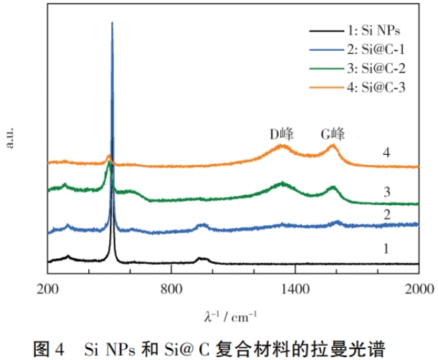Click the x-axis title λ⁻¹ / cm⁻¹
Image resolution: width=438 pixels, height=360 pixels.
(231, 316)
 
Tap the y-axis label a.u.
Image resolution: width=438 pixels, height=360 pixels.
(11, 138)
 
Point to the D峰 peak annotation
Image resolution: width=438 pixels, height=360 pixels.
(282, 133)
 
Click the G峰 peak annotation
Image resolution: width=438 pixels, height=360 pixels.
(333, 133)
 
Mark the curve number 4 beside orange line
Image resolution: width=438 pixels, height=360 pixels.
(386, 153)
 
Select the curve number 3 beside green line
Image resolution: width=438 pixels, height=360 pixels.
(386, 191)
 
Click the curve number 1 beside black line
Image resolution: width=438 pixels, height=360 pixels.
(386, 249)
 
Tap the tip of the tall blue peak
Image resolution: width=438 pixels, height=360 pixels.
(112, 23)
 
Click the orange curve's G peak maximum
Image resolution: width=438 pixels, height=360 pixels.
(333, 146)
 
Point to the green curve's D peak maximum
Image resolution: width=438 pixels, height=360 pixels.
(282, 183)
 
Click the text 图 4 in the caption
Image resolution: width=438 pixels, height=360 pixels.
(52, 348)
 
